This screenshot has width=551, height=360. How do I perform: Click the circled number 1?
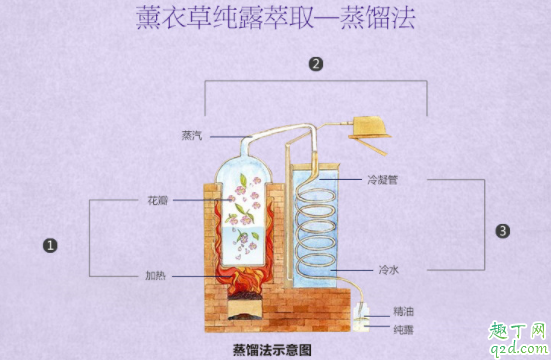point(49,243)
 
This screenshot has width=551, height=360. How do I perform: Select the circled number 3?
point(503,230)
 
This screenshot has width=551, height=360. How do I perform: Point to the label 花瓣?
point(156,200)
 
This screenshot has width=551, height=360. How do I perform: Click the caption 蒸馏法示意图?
point(272,349)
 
